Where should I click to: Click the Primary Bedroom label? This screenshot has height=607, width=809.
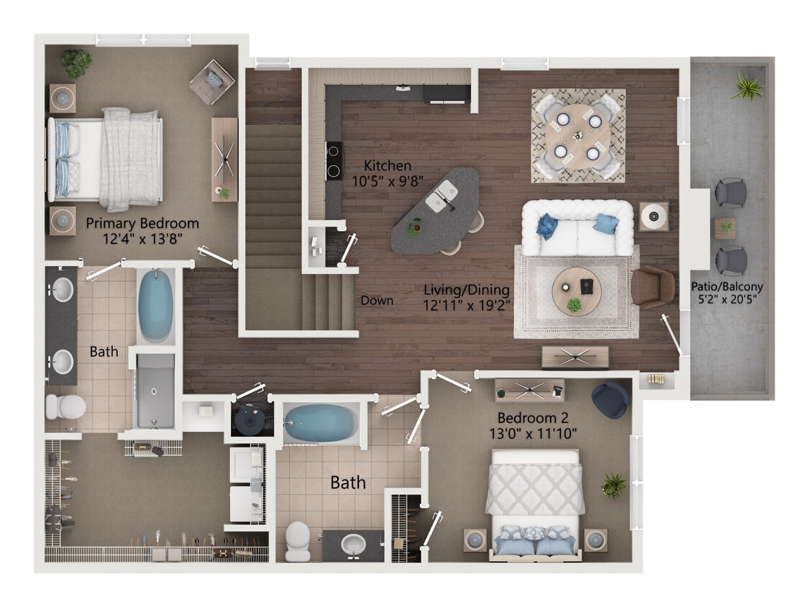coord(142,230)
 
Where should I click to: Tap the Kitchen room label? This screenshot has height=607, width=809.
coord(387,173)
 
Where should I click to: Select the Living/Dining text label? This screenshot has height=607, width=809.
coord(466,297)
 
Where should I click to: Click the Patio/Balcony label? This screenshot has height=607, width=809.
coord(727,292)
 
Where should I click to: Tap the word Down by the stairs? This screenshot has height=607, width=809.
coord(377,301)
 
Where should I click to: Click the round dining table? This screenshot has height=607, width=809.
coord(577,135)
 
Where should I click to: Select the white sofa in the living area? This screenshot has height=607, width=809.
coord(577,228)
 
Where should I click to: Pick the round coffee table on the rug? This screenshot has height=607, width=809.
coord(577,291)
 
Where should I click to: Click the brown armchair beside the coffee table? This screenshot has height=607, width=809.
coord(652,286)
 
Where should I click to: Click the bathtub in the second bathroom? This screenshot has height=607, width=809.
coord(319,422)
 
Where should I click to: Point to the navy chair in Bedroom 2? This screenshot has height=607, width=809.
coord(611,400)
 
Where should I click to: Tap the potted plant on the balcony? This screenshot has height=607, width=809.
coord(748,88)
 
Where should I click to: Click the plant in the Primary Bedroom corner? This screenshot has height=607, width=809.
coord(76,63)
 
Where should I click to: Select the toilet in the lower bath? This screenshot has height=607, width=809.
coord(298,540)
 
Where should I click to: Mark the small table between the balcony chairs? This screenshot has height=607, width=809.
coord(725,227)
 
